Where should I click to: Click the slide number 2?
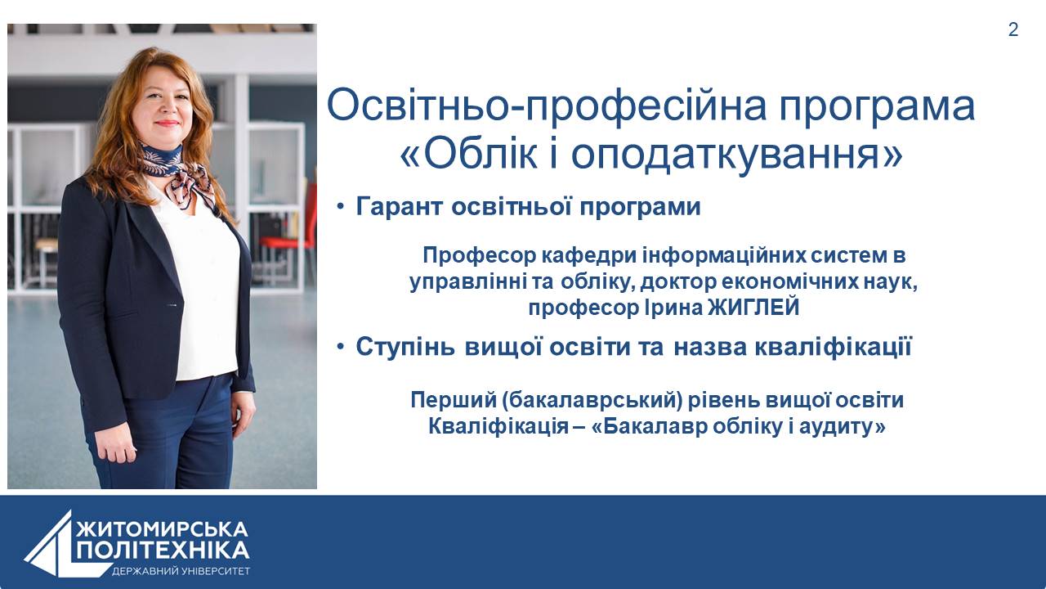pos(1012,29)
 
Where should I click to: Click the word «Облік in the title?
pos(469,155)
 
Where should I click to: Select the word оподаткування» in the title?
pos(736,156)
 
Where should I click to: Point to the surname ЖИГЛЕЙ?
pos(753,308)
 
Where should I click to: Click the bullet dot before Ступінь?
pos(341,347)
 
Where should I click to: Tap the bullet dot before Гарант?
pos(341,206)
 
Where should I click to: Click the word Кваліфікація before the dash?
pos(498,426)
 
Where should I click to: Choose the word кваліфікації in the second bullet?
pos(833,347)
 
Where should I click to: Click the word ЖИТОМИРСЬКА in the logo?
pos(162,529)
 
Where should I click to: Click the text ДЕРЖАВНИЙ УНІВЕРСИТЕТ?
pos(181,571)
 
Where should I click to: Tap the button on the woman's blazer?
pos(172,305)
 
